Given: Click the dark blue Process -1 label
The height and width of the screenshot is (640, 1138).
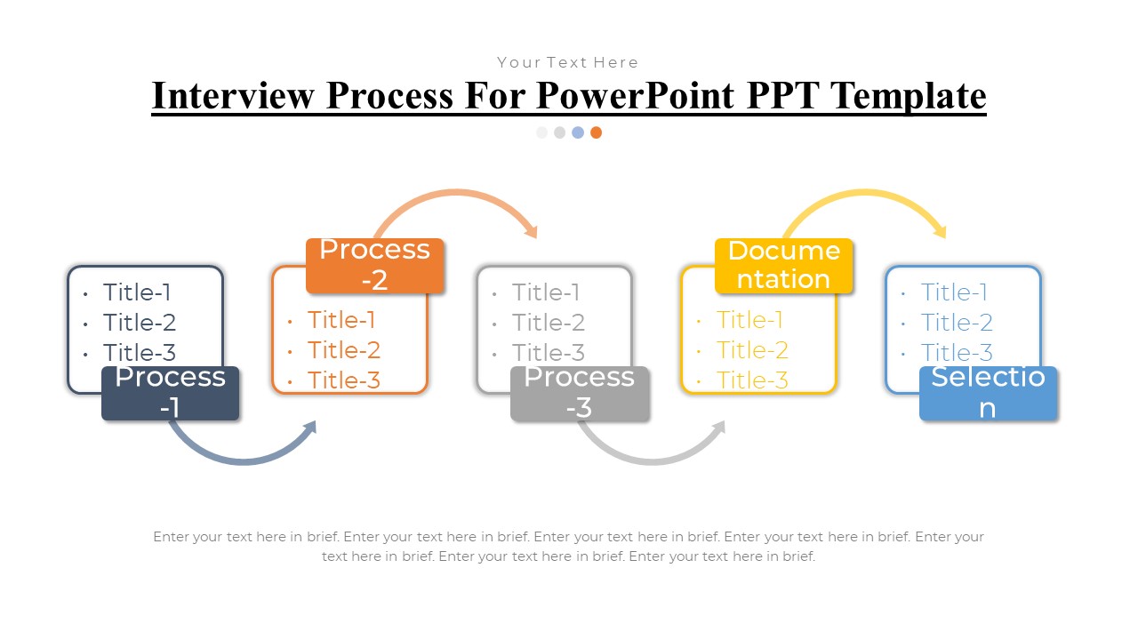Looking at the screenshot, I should [x=170, y=393].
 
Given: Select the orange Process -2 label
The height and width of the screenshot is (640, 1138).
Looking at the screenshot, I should [x=374, y=265].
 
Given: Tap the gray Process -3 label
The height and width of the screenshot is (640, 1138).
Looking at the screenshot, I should [x=580, y=393].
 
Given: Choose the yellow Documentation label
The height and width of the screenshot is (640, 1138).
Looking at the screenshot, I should [x=783, y=265].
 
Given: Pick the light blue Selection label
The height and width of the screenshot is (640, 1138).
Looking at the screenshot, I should [x=988, y=393].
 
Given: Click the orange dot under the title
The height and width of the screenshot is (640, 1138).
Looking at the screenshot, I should [x=596, y=132].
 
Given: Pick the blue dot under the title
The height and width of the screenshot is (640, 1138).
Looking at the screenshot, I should [x=578, y=132].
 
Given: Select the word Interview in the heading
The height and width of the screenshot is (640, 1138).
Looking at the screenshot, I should [x=233, y=95].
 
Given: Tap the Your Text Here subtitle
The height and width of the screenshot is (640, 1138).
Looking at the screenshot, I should [x=568, y=62].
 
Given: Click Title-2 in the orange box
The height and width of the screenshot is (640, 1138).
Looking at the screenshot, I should [x=343, y=350].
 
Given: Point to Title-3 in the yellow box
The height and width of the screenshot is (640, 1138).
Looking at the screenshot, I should [x=752, y=380].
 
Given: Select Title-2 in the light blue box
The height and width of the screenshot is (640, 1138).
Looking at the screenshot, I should [x=957, y=323].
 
